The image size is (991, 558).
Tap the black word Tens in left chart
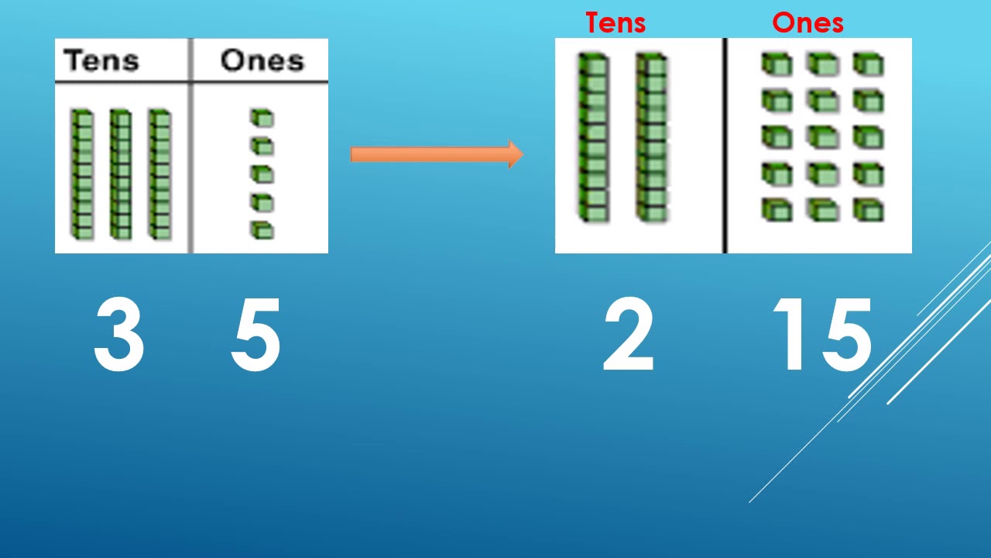(x=101, y=60)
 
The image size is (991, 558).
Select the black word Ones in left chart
(x=262, y=60)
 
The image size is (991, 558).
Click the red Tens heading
(x=616, y=22)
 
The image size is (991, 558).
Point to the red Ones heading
(x=808, y=22)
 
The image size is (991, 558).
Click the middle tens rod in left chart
(x=120, y=174)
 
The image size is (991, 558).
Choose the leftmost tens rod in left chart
(x=82, y=174)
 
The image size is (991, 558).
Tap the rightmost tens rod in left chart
(x=159, y=174)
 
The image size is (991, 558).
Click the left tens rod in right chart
(x=593, y=137)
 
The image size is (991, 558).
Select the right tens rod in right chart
(x=652, y=137)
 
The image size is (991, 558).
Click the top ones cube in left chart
(x=262, y=118)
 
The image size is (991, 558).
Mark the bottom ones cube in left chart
(x=262, y=230)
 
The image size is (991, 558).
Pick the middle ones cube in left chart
(x=262, y=174)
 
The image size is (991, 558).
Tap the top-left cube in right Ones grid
(x=776, y=64)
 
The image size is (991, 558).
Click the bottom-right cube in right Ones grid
(x=869, y=210)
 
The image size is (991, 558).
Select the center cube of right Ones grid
(x=822, y=137)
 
